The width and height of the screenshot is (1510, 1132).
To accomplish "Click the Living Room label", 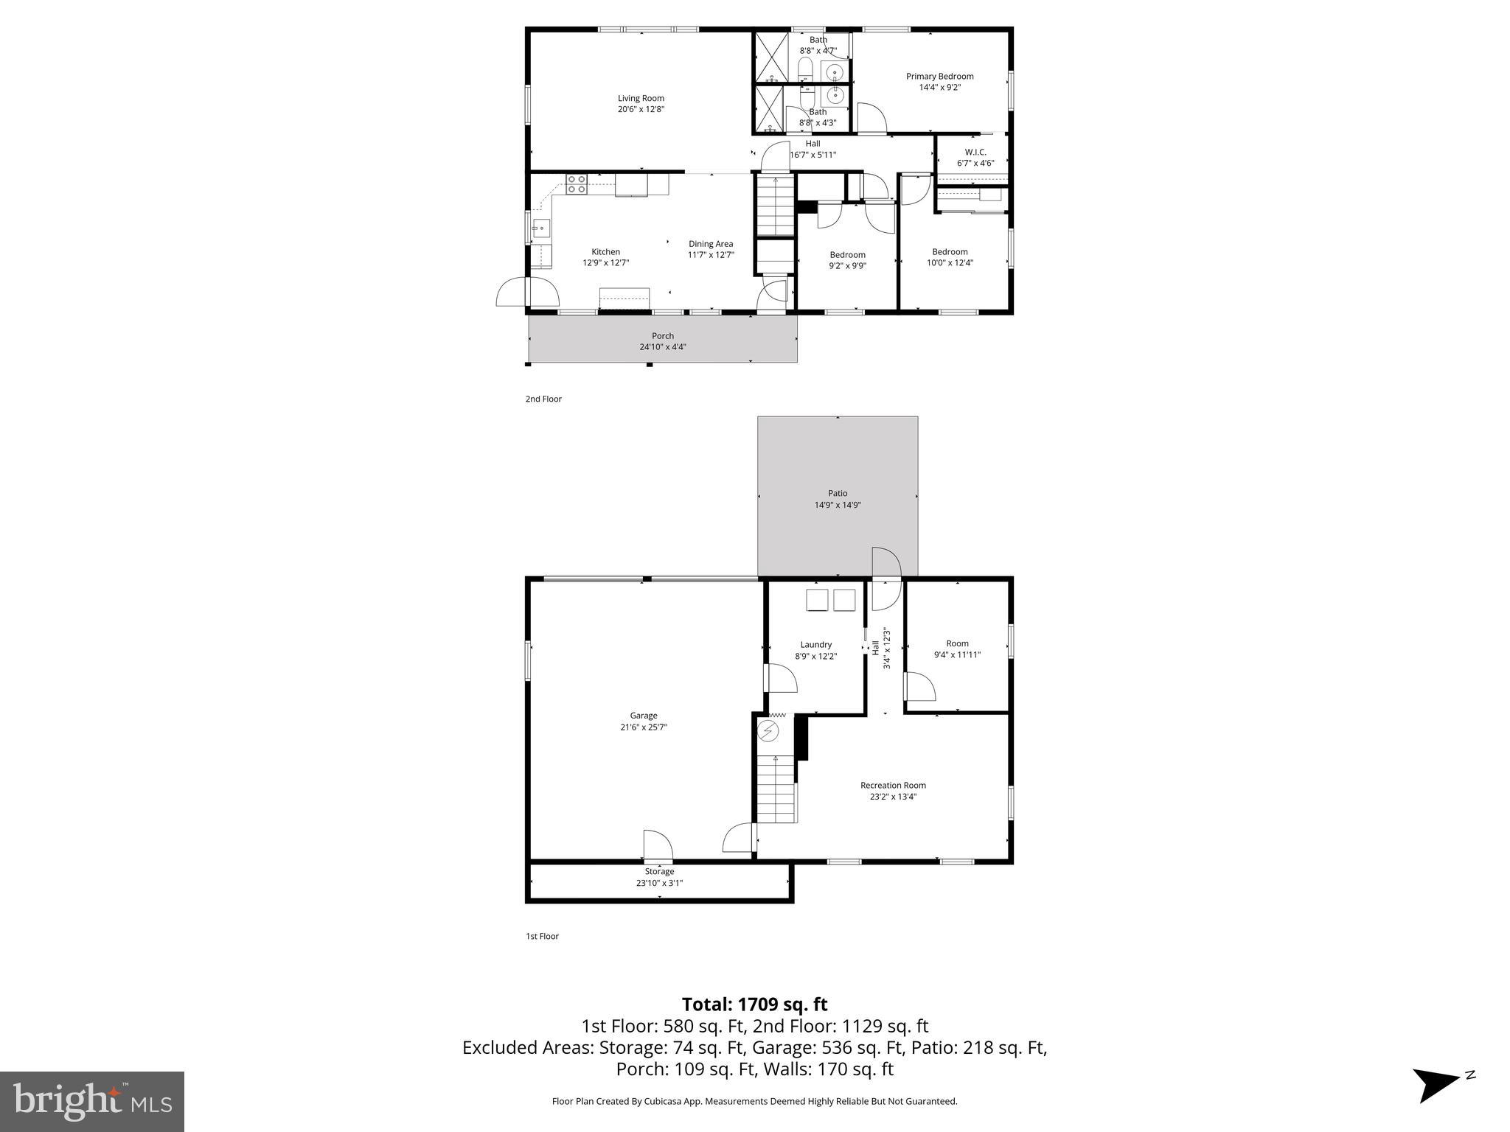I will click(x=641, y=98).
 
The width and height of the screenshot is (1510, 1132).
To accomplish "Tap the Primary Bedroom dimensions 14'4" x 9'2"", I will click(x=939, y=88).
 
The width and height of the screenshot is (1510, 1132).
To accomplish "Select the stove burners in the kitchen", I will click(x=576, y=184).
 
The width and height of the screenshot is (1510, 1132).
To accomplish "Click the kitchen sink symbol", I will click(x=540, y=228).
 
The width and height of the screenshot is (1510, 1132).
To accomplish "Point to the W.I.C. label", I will click(x=975, y=152).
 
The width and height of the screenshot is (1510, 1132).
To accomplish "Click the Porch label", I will click(x=662, y=336).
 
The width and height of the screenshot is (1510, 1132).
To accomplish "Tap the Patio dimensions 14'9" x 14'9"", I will click(x=838, y=506).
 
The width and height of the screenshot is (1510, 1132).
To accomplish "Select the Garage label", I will click(x=643, y=716).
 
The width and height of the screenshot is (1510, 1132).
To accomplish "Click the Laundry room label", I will click(x=815, y=645).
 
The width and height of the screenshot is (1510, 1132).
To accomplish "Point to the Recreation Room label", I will click(x=893, y=786).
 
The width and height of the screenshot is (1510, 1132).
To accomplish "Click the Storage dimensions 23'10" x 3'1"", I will click(x=659, y=883).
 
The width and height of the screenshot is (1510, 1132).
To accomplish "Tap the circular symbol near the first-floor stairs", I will click(x=768, y=731).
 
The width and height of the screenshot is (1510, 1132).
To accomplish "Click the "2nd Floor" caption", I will click(x=543, y=399).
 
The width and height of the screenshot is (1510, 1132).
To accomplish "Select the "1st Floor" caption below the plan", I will click(x=542, y=937).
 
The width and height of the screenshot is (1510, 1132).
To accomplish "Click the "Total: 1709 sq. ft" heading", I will click(x=754, y=1005).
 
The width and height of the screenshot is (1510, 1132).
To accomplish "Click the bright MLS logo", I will click(x=92, y=1101).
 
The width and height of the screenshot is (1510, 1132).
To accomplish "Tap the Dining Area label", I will click(x=711, y=244).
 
